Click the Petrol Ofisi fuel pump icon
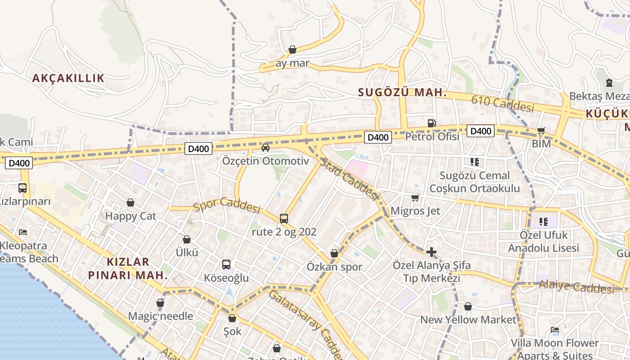432,123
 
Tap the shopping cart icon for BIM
541,131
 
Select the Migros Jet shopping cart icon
415,198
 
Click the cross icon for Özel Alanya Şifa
432,252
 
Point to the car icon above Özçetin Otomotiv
265,147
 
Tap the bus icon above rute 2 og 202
284,219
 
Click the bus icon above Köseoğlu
226,265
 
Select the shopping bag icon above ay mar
292,49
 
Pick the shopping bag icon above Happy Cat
130,202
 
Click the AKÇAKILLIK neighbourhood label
68,78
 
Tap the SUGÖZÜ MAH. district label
402,93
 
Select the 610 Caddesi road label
503,104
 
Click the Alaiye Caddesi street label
576,286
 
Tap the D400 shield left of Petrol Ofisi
378,137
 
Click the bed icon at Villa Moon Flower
555,330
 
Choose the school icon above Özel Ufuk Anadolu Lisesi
544,221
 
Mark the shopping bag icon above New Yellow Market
468,306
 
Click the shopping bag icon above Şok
232,319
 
